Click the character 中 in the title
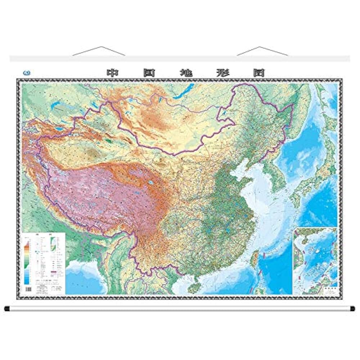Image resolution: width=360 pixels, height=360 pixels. coord(113,72)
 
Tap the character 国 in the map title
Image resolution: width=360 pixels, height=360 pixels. coord(149,72)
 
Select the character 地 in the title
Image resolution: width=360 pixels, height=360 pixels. coord(185,72)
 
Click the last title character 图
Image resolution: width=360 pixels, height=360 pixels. coord(259,72)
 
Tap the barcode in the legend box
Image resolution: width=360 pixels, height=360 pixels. coord(29,289)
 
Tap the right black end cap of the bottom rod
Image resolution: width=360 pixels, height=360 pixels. coord(352,309)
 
